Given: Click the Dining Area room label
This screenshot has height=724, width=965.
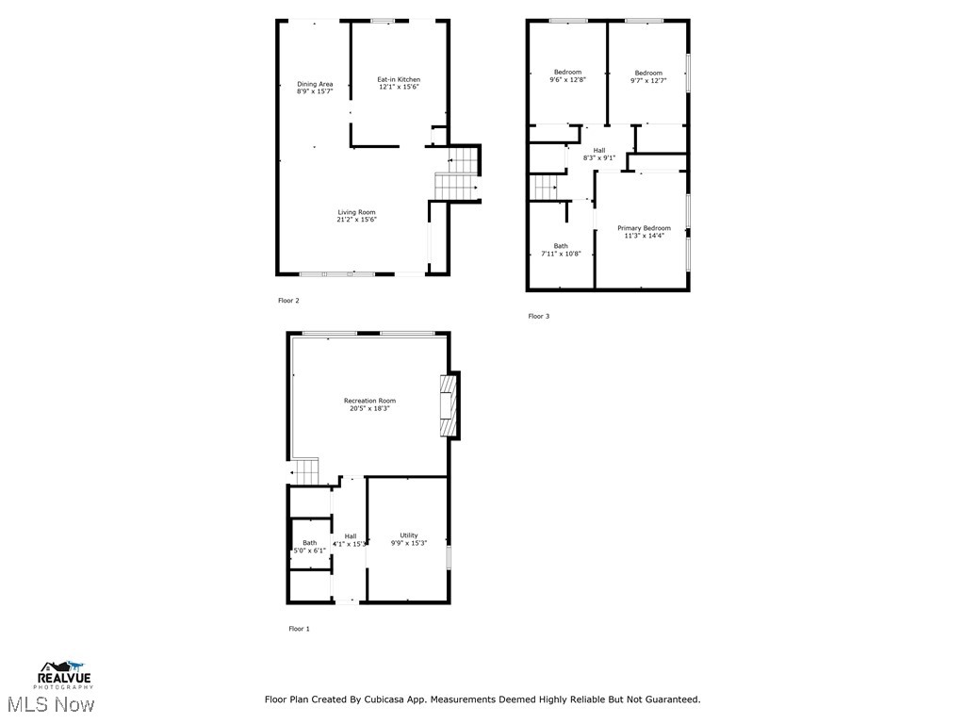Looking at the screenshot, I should click(x=315, y=84).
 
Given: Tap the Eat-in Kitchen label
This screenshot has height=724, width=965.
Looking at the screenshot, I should click(x=399, y=79).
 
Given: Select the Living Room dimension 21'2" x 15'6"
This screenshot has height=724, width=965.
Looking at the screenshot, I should click(x=357, y=220).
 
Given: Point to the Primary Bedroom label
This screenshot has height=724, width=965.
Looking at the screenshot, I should click(x=644, y=228).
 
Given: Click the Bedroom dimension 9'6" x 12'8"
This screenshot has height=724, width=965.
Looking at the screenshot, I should click(x=567, y=80).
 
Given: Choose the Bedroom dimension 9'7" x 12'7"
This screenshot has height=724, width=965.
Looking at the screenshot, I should click(x=648, y=81).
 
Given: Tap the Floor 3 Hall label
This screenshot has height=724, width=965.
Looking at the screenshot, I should click(x=599, y=150).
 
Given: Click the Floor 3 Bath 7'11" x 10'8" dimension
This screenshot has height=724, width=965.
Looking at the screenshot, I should click(x=561, y=254).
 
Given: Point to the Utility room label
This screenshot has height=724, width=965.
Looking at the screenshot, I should click(x=409, y=535).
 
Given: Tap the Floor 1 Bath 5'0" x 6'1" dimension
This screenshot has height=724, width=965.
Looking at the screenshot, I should click(x=309, y=551).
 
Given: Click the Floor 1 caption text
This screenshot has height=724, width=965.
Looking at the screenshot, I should click(x=299, y=628).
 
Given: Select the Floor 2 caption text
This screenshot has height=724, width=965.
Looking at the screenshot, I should click(x=288, y=301).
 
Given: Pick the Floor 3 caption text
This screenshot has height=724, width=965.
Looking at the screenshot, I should click(x=538, y=316).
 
